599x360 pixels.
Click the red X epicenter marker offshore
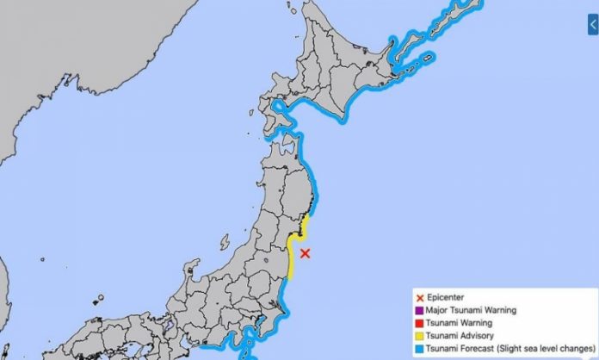click(x=305, y=252)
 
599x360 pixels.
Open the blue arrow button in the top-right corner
click(x=592, y=28)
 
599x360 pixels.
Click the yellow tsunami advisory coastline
click(x=293, y=254)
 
